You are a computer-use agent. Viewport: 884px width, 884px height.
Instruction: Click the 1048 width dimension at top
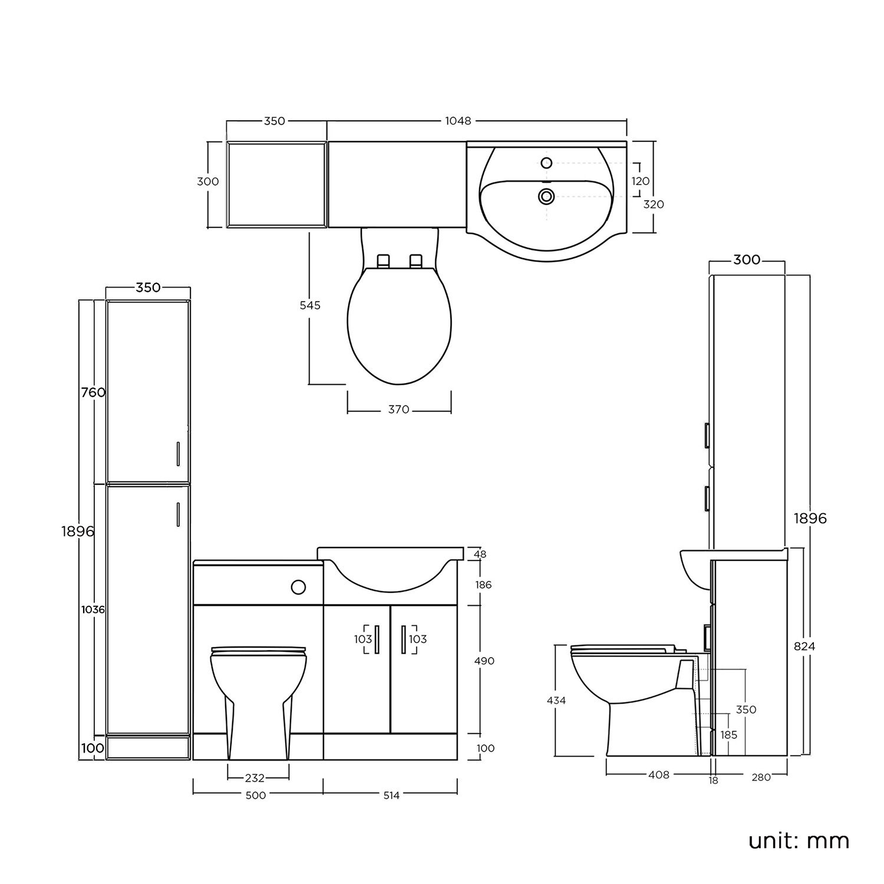[458, 121]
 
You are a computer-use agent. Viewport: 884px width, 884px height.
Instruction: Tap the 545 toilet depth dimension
[310, 305]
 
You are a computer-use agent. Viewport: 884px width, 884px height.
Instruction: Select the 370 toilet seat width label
[399, 410]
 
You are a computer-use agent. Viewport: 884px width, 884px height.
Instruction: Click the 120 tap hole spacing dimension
[641, 182]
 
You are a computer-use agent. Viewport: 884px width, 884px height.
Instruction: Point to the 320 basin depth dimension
[654, 204]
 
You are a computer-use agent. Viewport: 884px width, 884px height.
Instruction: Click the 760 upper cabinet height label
[94, 392]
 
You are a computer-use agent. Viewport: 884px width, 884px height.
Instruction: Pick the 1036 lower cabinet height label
[93, 610]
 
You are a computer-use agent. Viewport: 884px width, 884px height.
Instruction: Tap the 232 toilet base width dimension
[255, 779]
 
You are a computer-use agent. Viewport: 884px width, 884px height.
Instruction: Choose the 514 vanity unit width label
[391, 796]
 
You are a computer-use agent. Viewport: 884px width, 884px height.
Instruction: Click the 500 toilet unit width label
[255, 796]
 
